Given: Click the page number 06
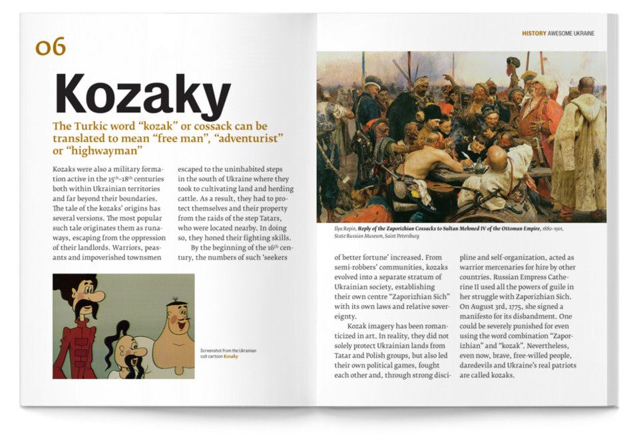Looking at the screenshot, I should point(51,47).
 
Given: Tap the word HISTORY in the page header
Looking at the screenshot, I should point(534,33).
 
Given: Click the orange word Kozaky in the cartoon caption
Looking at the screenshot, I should point(230,356).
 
